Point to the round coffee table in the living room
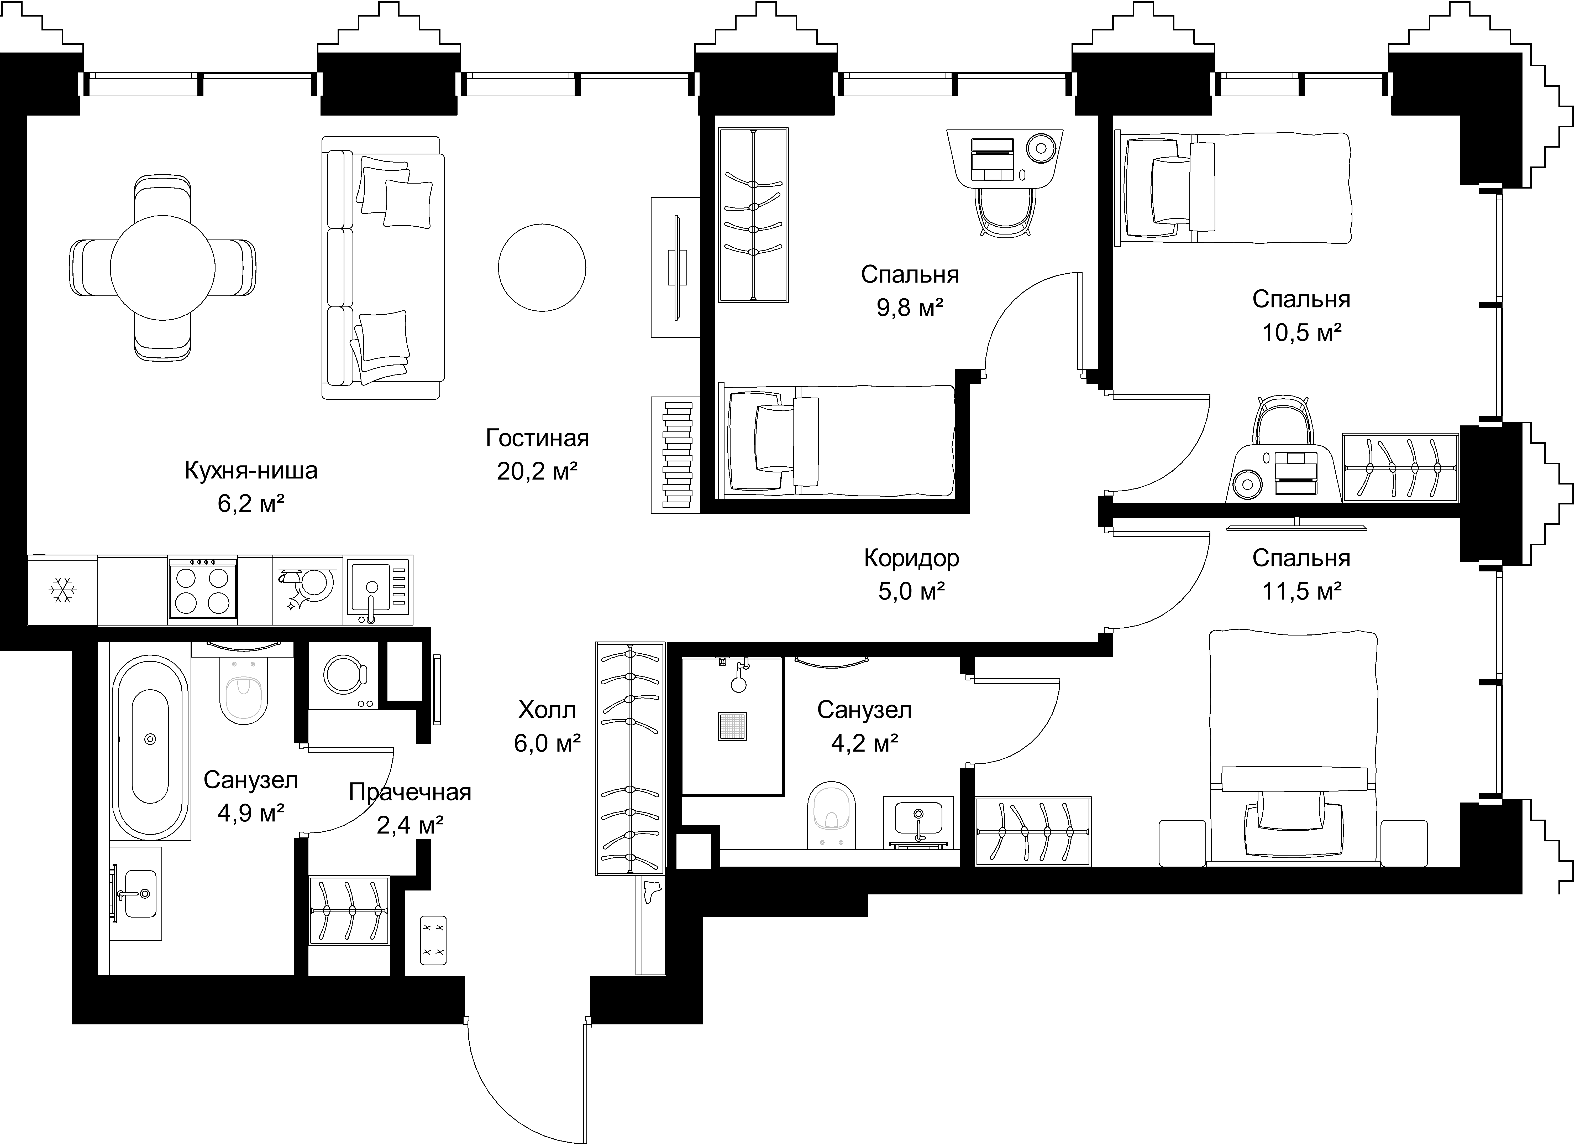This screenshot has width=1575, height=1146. tap(542, 267)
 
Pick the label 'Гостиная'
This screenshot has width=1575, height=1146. tap(538, 438)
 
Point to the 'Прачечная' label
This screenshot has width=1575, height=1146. tap(410, 793)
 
